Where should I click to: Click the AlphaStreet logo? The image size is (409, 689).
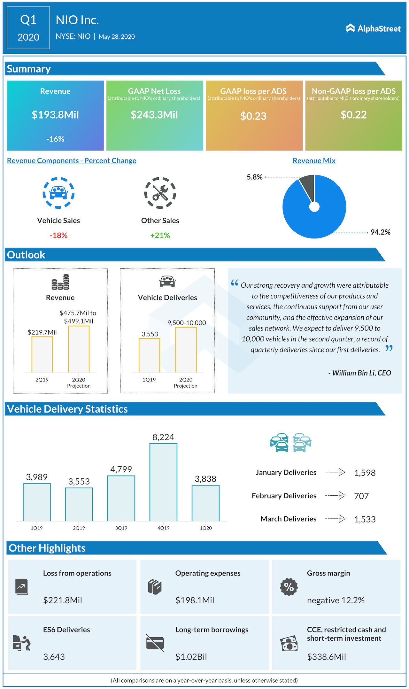373,28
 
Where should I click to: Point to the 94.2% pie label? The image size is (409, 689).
380,232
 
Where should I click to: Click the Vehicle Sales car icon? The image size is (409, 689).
58,193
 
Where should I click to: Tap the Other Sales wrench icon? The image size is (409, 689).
160,193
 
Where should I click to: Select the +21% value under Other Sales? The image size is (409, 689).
160,236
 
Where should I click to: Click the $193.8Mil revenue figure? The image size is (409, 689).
55,115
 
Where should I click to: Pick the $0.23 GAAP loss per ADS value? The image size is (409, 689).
253,116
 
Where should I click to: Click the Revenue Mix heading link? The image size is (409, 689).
314,161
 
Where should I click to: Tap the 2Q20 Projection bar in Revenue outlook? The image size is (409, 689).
79,349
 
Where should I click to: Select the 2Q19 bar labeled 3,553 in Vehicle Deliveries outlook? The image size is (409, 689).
149,355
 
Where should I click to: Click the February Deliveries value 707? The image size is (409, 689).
361,496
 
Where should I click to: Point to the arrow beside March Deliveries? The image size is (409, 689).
336,519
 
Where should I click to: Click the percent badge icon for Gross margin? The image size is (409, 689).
289,587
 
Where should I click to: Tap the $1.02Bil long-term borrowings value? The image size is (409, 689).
191,657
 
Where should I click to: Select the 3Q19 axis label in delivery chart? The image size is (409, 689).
121,528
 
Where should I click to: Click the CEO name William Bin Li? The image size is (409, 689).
360,373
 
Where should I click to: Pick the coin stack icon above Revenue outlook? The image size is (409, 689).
60,282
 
